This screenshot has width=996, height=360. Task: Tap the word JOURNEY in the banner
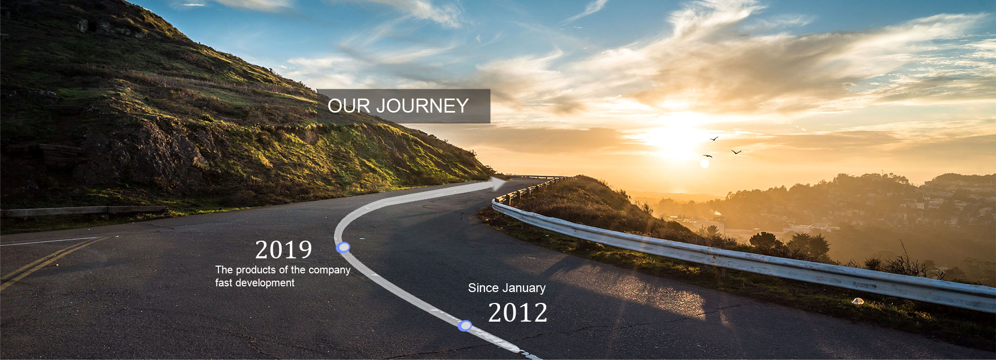pyautogui.click(x=422, y=106)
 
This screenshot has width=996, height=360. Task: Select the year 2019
pyautogui.click(x=284, y=250)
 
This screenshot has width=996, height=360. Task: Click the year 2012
pyautogui.click(x=518, y=313)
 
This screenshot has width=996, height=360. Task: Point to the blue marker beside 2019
pyautogui.click(x=343, y=247)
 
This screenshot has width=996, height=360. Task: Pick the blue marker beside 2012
pyautogui.click(x=465, y=326)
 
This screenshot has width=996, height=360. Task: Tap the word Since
pyautogui.click(x=483, y=288)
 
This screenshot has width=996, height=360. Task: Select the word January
pyautogui.click(x=524, y=288)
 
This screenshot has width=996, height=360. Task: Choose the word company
pyautogui.click(x=329, y=270)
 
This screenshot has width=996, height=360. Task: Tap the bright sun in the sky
pyautogui.click(x=674, y=136)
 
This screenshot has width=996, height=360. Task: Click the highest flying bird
pyautogui.click(x=714, y=139)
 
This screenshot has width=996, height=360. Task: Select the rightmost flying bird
pyautogui.click(x=737, y=151)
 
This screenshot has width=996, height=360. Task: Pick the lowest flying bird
pyautogui.click(x=708, y=156)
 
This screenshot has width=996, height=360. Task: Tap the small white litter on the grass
pyautogui.click(x=858, y=301)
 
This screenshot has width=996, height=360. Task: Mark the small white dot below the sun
pyautogui.click(x=704, y=164)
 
